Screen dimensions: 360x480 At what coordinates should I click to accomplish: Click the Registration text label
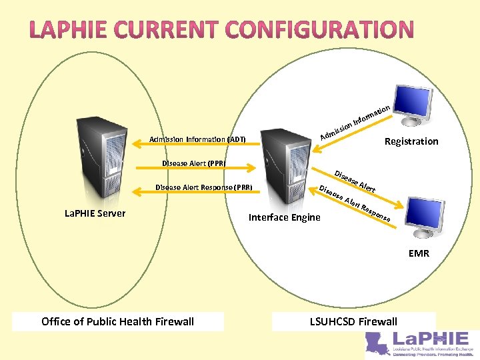(x=411, y=141)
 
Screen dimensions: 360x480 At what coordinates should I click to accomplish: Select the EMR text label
(x=419, y=253)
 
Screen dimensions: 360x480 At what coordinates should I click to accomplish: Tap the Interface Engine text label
(x=284, y=217)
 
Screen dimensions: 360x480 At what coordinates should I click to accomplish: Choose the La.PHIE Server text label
(x=95, y=213)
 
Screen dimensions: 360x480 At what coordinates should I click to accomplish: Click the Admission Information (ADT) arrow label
(x=197, y=139)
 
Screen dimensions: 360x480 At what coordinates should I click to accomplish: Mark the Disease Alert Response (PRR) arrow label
(x=203, y=187)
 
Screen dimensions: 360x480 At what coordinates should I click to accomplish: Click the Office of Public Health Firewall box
(x=117, y=321)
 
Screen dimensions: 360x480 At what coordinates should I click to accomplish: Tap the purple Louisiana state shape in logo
(x=381, y=343)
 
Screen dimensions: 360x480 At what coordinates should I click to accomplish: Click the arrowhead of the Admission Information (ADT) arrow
(x=138, y=140)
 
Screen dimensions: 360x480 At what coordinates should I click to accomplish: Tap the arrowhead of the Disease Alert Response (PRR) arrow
(x=138, y=192)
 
